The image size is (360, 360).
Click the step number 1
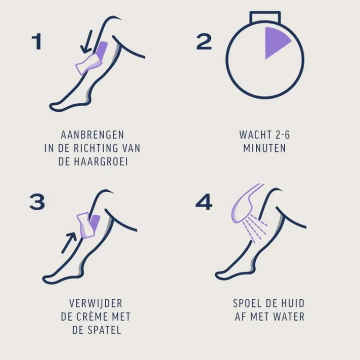point(37,41)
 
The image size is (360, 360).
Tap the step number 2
point(204,41)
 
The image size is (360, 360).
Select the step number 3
point(37,202)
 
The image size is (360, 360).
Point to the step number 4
point(204,202)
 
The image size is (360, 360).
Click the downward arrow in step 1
point(87,42)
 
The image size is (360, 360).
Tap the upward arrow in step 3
point(69,243)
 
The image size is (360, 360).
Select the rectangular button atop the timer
point(265,17)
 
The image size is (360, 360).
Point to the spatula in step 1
point(88,64)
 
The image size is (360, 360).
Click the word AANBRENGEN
point(93,135)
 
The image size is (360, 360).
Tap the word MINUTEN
point(265,148)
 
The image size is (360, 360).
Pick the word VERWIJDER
point(96,303)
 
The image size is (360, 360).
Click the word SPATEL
point(106,330)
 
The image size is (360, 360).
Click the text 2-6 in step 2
point(282,135)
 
